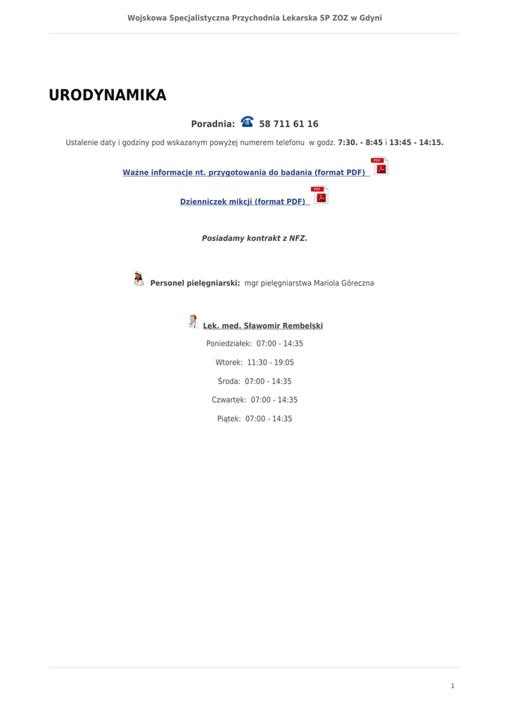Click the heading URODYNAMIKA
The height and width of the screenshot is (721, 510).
tap(107, 96)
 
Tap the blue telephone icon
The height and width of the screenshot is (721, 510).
tap(247, 122)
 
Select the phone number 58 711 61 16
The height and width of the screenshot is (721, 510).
tap(288, 124)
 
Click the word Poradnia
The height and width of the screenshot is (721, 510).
tap(212, 124)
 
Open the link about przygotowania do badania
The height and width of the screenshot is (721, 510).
tap(244, 173)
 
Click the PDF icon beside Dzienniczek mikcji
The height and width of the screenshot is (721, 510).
tap(320, 196)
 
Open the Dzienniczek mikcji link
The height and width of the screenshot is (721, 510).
tap(243, 202)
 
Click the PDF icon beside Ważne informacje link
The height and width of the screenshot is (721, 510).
tap(380, 166)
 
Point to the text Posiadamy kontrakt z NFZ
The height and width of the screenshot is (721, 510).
tap(255, 239)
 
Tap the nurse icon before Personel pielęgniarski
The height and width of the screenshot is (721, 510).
tap(139, 279)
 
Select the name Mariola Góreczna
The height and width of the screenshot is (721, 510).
tap(344, 283)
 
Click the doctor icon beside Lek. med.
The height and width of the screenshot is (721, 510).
tap(193, 322)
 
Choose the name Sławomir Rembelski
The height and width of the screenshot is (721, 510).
tap(283, 326)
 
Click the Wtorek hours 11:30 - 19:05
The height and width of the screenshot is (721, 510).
tap(270, 363)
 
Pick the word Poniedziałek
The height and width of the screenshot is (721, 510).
tap(229, 344)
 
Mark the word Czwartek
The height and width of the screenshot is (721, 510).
tap(229, 400)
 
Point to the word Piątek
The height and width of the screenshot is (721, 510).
tap(229, 419)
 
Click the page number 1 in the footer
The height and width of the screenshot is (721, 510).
tap(452, 686)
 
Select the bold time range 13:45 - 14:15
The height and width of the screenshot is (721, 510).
tap(416, 143)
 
